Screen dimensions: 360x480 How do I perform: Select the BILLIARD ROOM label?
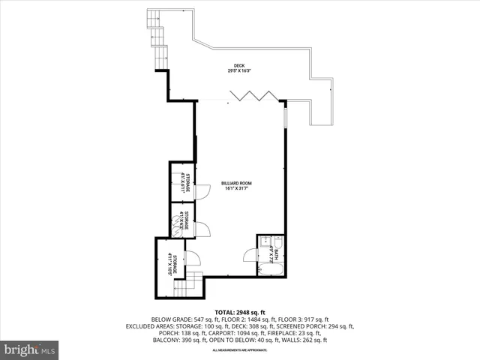click(235, 182)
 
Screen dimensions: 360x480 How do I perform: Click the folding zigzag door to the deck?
click(251, 94)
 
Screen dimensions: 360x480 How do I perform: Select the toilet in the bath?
click(277, 241)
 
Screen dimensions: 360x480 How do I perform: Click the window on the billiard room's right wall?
click(285, 119)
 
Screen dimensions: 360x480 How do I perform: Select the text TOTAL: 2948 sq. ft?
click(239, 312)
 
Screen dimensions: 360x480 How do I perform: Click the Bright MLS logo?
click(30, 349)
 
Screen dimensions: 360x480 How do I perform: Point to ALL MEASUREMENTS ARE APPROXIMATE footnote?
click(239, 350)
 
